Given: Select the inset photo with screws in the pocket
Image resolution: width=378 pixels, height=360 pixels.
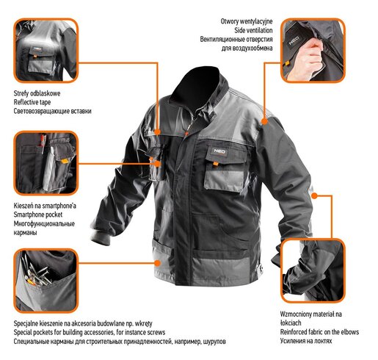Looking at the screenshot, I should [44, 280].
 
